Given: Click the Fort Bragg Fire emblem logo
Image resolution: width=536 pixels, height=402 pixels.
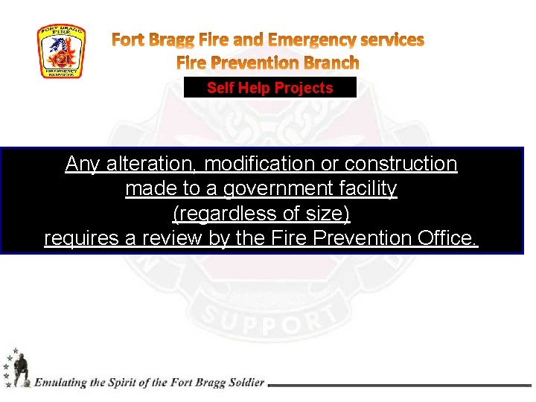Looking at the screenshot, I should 61,51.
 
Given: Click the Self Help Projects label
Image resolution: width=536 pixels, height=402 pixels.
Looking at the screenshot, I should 269,88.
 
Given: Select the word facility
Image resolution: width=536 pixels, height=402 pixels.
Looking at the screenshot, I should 366,189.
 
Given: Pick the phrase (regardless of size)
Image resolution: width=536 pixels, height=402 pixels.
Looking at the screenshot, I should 261,214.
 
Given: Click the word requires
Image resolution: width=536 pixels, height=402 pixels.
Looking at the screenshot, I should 84,239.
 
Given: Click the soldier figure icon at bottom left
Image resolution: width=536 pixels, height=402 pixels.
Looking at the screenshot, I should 18,368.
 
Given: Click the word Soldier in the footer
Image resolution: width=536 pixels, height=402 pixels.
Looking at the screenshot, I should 244,383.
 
